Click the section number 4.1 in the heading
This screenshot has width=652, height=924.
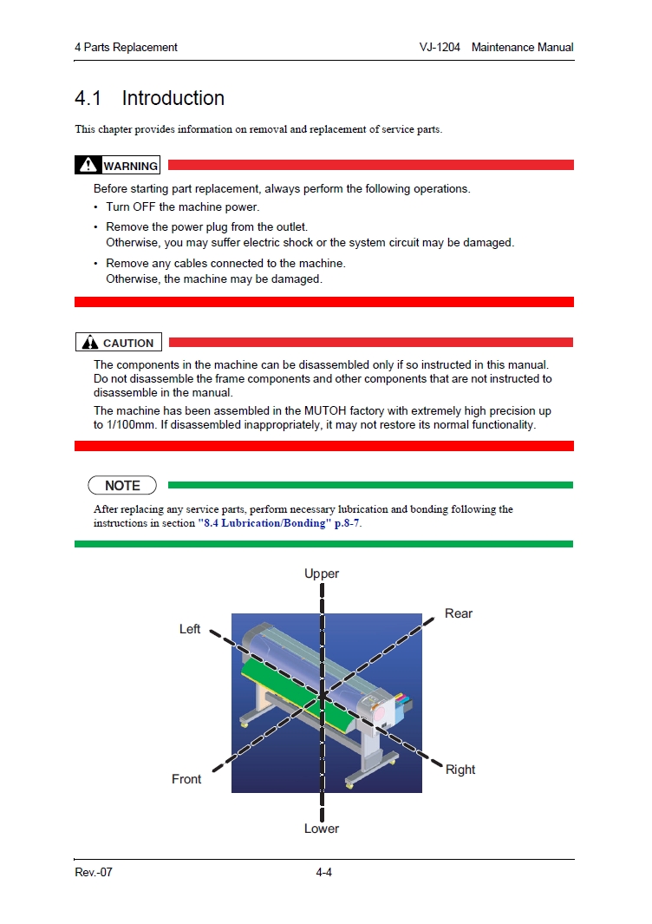[x=88, y=99]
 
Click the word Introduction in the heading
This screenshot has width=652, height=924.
[x=173, y=99]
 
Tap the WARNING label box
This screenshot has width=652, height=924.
[x=118, y=166]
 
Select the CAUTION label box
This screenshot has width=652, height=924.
[x=119, y=343]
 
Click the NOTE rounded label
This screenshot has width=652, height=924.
[x=122, y=486]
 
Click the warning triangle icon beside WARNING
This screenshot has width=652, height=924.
[x=88, y=165]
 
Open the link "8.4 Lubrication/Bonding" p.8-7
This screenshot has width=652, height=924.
[x=278, y=524]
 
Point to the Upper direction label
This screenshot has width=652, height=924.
[x=322, y=573]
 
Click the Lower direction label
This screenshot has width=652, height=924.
[x=322, y=829]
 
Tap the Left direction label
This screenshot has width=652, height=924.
[x=190, y=629]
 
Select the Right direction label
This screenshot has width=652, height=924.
[x=460, y=770]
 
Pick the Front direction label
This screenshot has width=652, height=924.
[x=186, y=779]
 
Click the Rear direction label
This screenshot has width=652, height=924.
[x=459, y=613]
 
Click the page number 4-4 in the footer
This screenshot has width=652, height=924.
[x=324, y=872]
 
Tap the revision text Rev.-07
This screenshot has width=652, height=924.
[x=94, y=872]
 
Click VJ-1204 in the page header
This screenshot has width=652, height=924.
[x=440, y=47]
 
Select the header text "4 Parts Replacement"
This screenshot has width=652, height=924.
[x=126, y=47]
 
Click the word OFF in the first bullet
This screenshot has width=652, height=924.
[x=144, y=207]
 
